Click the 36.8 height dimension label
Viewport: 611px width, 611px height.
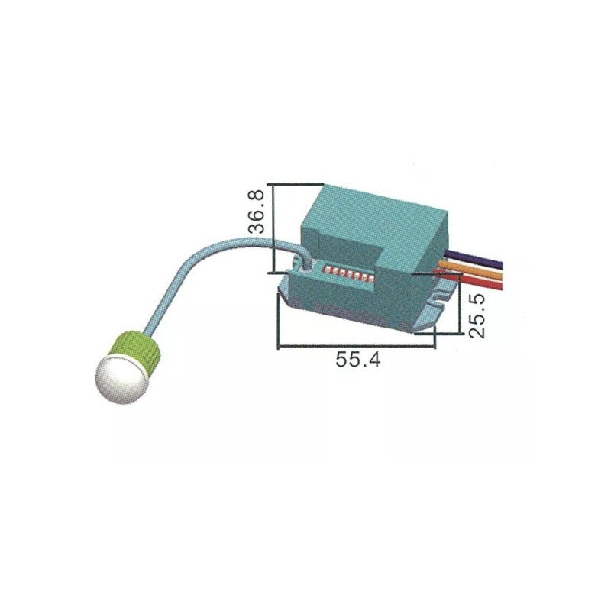[x=257, y=212]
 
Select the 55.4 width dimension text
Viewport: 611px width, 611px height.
[x=357, y=359]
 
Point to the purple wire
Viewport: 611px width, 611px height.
[x=474, y=259]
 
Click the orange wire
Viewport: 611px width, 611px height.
[x=471, y=270]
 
